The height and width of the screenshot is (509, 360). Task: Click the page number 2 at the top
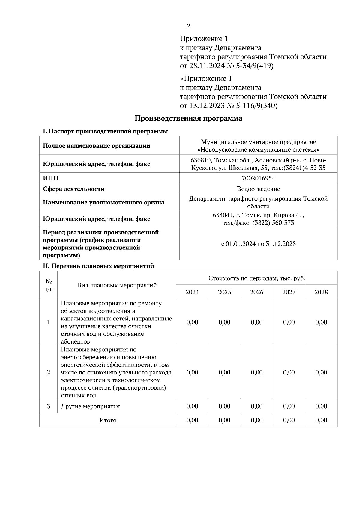coord(188,26)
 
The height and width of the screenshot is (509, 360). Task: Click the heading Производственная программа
coord(188,118)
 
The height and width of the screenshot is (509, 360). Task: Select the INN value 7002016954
coord(258,178)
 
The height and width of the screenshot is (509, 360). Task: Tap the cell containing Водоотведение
coord(258,189)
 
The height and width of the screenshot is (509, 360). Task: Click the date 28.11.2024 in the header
coord(204,66)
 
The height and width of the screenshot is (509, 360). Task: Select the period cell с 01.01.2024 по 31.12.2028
coord(258,244)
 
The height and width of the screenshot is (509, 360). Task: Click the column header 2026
coord(256,292)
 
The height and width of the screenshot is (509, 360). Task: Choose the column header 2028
coord(321,292)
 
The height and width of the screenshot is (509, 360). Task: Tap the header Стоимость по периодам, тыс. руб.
coord(256,278)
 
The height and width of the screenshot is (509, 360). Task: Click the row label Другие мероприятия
coord(90,406)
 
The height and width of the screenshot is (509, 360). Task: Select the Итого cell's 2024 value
coord(192,420)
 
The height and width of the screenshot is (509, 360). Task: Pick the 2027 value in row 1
coord(289,323)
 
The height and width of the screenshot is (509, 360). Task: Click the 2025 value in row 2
coord(224,372)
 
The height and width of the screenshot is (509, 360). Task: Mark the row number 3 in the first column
coord(49,406)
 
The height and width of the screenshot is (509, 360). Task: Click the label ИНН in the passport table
coord(51,178)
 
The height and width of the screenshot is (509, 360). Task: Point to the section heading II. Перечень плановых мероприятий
coord(98,266)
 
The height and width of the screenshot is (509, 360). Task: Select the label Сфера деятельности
coord(73,189)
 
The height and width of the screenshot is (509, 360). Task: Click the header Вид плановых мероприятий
coord(117,285)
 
